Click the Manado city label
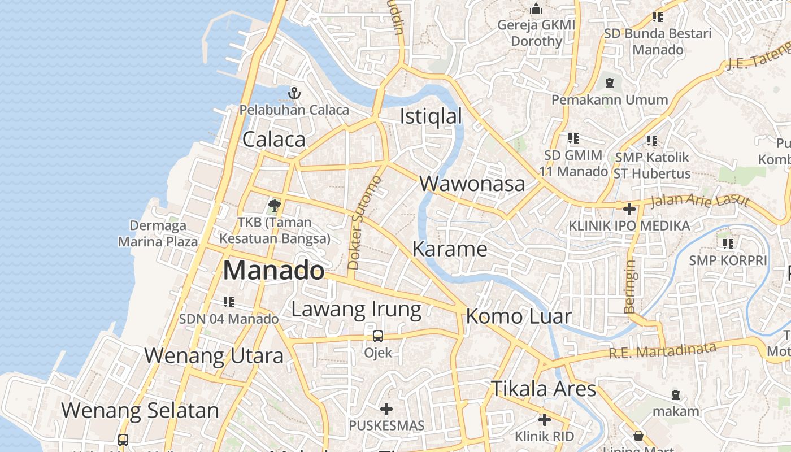[x=274, y=271]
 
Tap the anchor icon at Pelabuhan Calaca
[x=294, y=93]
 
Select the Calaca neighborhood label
[x=274, y=140]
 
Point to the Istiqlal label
[x=431, y=116]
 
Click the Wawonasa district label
[x=472, y=184]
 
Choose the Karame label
[x=450, y=249]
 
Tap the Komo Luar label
[x=519, y=316]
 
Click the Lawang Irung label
[x=356, y=309]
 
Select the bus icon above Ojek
[x=378, y=336]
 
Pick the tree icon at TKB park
[x=275, y=205]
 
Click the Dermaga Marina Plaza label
[x=158, y=233]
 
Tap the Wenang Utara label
[x=214, y=356]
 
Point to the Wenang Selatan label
[x=140, y=410]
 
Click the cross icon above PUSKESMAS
[x=386, y=408]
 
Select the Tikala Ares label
[x=543, y=389]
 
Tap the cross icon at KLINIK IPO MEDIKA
[x=629, y=209]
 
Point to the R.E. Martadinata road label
[x=662, y=350]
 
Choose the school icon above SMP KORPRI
[x=728, y=244]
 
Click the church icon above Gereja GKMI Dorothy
[x=536, y=9]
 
